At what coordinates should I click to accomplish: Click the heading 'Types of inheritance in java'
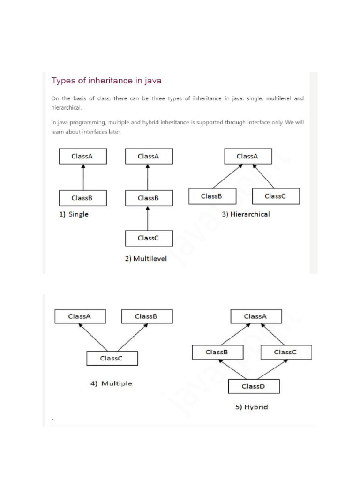(x=106, y=81)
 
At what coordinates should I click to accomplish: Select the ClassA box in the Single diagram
(x=82, y=157)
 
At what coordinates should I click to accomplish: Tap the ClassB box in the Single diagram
(x=82, y=198)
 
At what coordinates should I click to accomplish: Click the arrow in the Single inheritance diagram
(x=82, y=177)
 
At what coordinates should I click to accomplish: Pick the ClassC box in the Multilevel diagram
(x=149, y=238)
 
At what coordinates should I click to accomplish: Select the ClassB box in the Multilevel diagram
(x=149, y=198)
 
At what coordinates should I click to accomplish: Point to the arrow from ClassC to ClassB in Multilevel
(x=149, y=218)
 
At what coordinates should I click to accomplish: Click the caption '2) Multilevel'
(x=146, y=258)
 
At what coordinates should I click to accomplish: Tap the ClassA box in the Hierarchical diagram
(x=247, y=157)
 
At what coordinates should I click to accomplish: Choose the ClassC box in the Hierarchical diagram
(x=276, y=196)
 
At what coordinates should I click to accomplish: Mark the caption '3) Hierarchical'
(x=246, y=214)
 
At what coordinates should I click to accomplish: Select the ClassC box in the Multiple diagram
(x=112, y=359)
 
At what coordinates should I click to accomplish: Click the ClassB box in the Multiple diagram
(x=147, y=316)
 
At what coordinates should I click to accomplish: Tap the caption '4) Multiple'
(x=112, y=383)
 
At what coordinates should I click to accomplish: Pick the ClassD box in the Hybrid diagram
(x=254, y=387)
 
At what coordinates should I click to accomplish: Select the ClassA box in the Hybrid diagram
(x=255, y=316)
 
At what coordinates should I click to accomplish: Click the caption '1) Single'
(x=74, y=214)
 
